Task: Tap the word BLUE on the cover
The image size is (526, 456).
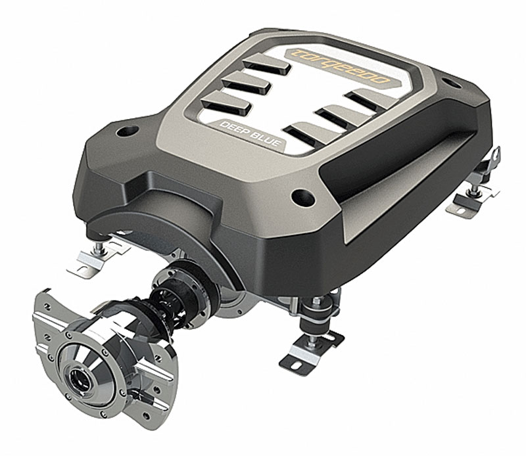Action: pyautogui.click(x=266, y=139)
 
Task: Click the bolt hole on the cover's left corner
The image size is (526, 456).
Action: pyautogui.click(x=127, y=131)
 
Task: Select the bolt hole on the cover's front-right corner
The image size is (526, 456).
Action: pyautogui.click(x=303, y=197)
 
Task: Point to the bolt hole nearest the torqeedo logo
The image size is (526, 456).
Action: pyautogui.click(x=451, y=83)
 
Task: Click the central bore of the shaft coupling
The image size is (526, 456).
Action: pyautogui.click(x=76, y=378)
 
